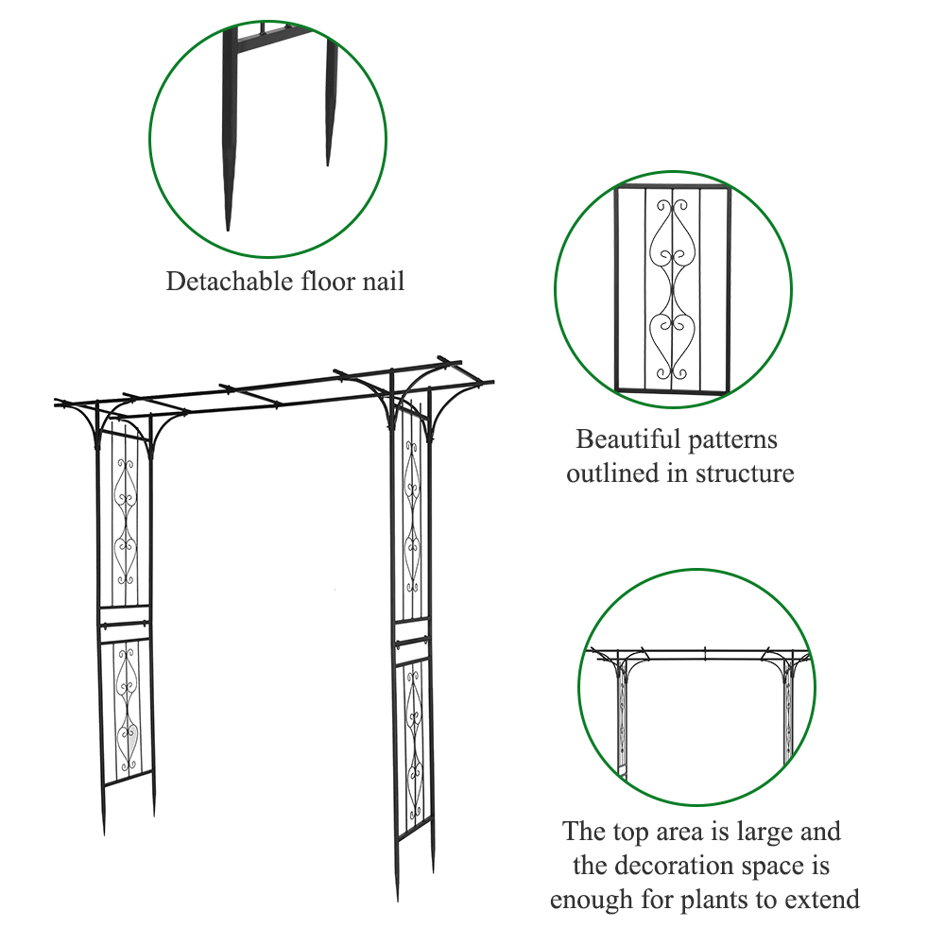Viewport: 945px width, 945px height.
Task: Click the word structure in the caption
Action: tap(745, 473)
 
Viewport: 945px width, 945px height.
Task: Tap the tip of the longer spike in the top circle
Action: tap(228, 227)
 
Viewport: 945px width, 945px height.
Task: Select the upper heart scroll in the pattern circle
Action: tap(673, 241)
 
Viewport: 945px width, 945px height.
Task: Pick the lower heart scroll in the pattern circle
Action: tap(673, 340)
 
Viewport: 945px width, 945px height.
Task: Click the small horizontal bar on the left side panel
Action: tap(124, 622)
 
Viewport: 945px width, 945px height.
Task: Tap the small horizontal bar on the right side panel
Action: tap(413, 643)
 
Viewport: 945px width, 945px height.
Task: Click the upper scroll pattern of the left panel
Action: tap(126, 518)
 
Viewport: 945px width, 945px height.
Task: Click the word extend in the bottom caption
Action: tap(823, 900)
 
